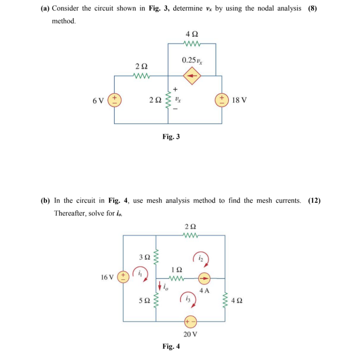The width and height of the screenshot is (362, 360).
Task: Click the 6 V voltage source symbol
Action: click(115, 99)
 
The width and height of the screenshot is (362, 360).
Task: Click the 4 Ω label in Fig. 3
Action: click(192, 34)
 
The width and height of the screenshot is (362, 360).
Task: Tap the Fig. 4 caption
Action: click(171, 346)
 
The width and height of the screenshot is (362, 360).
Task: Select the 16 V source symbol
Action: click(123, 277)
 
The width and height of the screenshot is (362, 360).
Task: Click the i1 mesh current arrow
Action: click(140, 275)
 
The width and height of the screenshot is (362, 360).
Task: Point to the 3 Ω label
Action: click(144, 257)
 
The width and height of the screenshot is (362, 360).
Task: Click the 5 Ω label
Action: click(144, 301)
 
